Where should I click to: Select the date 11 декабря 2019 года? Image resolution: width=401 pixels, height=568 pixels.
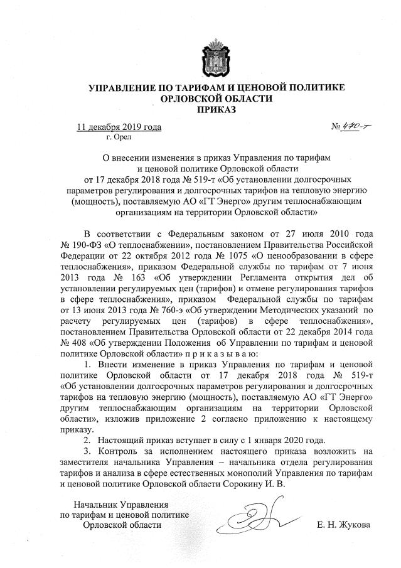(119, 127)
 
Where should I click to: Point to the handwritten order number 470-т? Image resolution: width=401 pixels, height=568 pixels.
(355, 127)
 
